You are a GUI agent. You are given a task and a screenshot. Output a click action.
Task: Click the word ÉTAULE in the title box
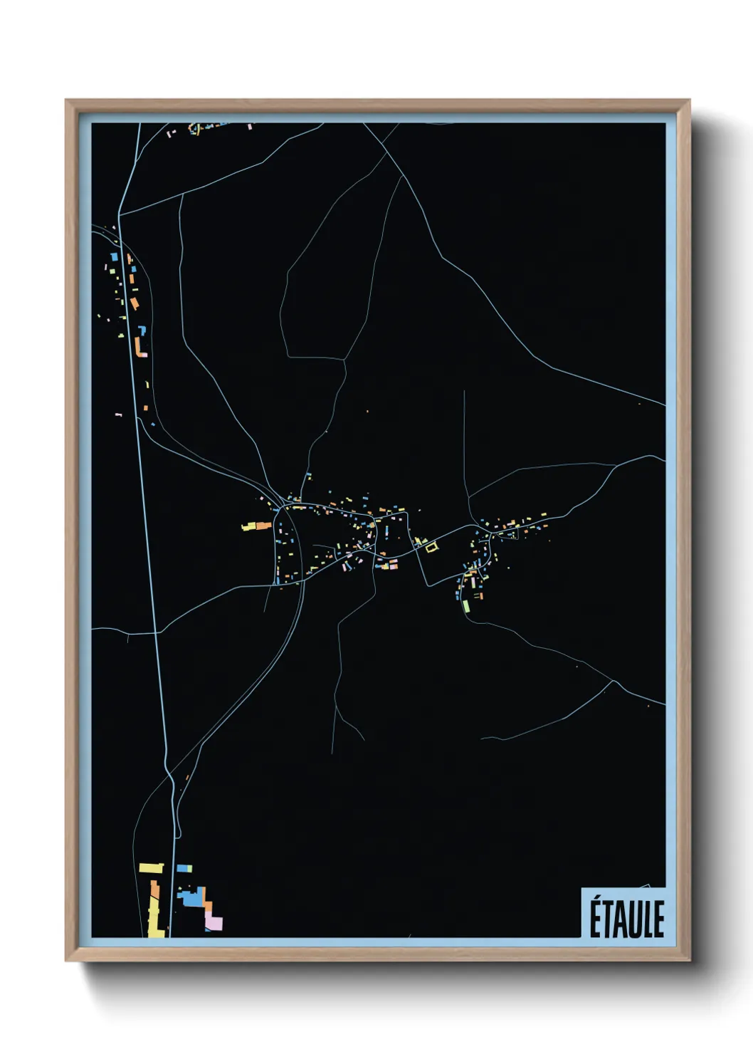(x=626, y=919)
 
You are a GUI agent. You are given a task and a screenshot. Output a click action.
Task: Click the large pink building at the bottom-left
(x=214, y=922)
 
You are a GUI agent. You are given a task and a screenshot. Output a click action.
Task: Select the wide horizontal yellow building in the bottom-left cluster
(x=151, y=868)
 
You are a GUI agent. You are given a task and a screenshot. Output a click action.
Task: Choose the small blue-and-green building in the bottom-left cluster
(x=184, y=869)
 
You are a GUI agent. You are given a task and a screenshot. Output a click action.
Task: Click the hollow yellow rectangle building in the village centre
(x=431, y=546)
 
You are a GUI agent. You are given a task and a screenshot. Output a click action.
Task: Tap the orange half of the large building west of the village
(x=262, y=526)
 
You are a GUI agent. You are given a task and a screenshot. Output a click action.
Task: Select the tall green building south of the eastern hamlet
(x=466, y=606)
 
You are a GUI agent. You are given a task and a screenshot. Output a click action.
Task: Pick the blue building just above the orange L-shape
(x=142, y=330)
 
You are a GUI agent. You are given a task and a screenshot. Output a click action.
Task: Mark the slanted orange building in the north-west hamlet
(x=134, y=303)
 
